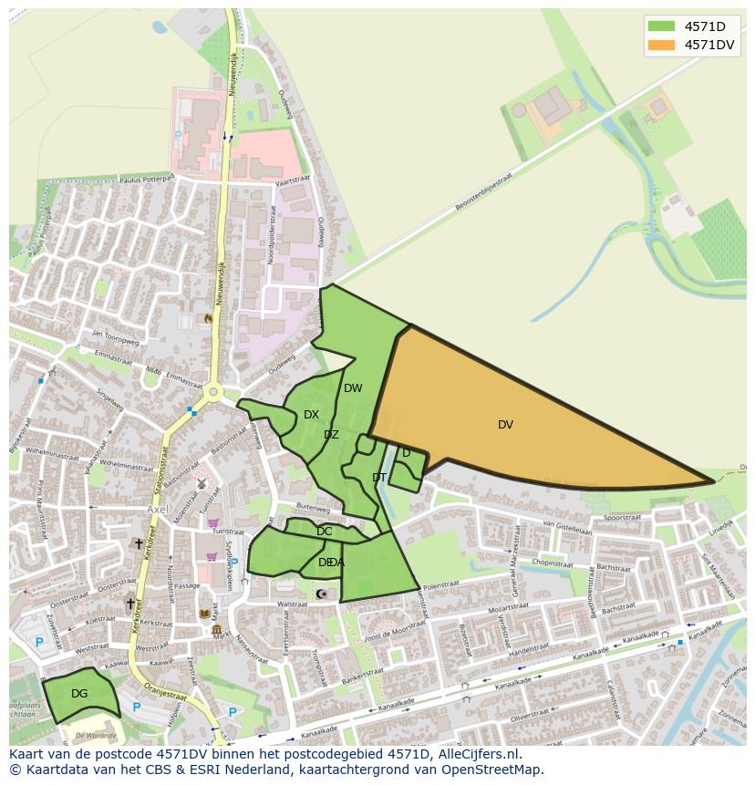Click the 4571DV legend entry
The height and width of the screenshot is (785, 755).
[x=708, y=45]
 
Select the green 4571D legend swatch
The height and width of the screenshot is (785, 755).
[x=661, y=26]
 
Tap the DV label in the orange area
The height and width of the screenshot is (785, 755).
[x=505, y=425]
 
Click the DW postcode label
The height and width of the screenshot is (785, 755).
[x=353, y=388]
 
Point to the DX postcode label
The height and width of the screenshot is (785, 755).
[x=311, y=415]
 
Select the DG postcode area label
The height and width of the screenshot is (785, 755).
[x=79, y=694]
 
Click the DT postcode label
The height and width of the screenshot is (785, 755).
[x=379, y=478]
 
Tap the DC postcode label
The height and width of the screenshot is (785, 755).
[x=324, y=532]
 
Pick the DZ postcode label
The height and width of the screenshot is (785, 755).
[x=331, y=435]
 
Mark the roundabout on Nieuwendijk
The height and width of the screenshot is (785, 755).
[x=213, y=393]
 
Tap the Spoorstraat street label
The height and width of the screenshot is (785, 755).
[x=622, y=516]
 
